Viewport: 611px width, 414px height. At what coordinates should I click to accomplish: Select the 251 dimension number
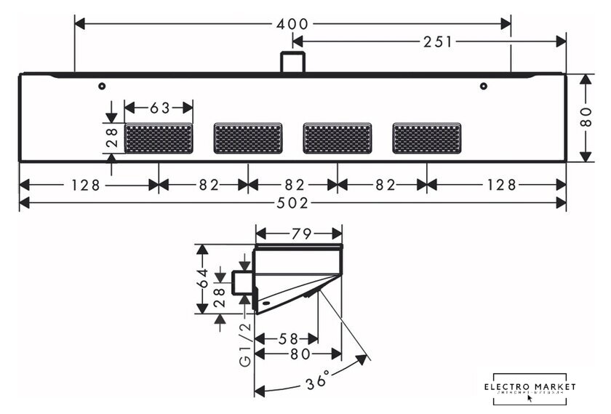[438, 42]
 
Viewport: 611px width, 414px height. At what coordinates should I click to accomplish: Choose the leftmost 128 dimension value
[86, 186]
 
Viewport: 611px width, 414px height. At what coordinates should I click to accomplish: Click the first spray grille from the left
[159, 138]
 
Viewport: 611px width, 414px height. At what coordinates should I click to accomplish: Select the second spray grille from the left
[248, 138]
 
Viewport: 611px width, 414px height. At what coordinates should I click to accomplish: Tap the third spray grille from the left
[337, 138]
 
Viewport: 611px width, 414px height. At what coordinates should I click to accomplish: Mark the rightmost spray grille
[426, 138]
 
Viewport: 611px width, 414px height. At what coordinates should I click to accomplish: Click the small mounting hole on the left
[103, 86]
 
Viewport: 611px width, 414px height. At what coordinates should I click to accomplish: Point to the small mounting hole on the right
[483, 86]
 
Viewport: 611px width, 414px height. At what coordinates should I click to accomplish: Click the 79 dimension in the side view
[300, 234]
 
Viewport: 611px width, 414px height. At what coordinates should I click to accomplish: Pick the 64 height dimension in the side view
[204, 278]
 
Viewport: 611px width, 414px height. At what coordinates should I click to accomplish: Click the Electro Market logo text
[530, 386]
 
